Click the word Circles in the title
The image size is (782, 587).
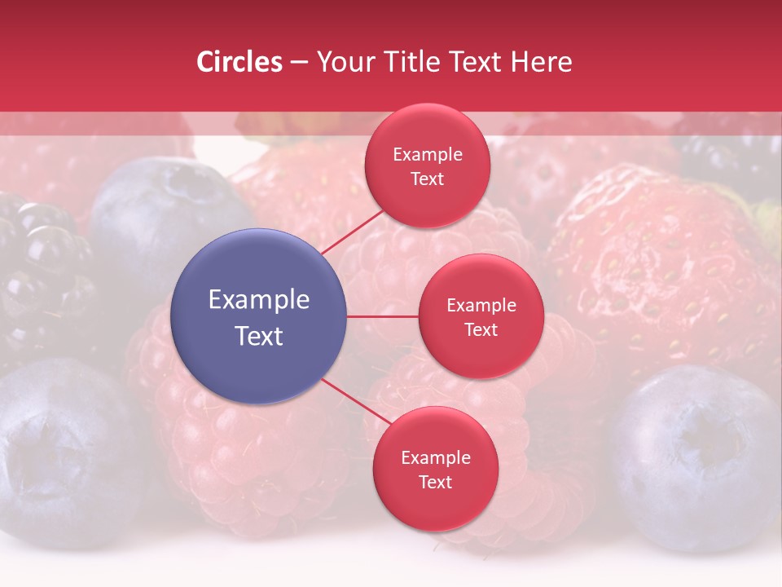tap(239, 62)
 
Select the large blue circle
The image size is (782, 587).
tap(259, 316)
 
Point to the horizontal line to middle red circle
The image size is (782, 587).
tap(383, 316)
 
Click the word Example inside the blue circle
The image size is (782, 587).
tap(259, 299)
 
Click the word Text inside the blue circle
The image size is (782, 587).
tap(259, 336)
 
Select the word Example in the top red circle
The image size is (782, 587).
tap(428, 154)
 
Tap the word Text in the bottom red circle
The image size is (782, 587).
tap(435, 482)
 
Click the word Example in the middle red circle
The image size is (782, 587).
tap(481, 305)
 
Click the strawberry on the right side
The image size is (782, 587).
tap(660, 261)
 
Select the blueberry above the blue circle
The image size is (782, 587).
tap(163, 204)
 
